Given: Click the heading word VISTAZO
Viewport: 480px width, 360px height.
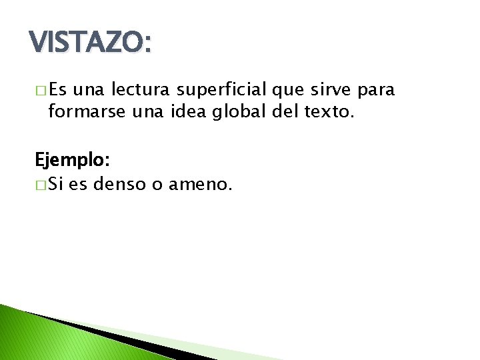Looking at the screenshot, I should (91, 45).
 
